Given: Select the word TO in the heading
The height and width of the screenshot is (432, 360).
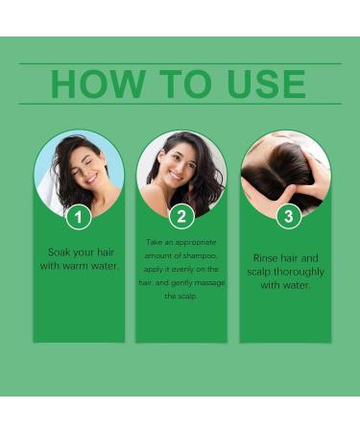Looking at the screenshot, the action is [185, 84].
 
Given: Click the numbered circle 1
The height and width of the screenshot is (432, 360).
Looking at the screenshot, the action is [79, 217].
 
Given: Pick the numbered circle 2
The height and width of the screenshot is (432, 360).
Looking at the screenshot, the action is [181, 217].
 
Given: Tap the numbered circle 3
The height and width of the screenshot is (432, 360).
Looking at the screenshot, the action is [289, 216].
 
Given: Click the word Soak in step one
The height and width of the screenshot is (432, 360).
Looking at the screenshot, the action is [59, 252].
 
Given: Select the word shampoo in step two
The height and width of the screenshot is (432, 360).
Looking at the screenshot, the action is [201, 256].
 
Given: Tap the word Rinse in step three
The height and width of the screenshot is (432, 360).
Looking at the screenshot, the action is [265, 258].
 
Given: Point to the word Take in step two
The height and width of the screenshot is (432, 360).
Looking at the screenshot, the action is [155, 242].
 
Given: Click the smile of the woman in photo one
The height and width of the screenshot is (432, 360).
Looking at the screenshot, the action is [91, 179].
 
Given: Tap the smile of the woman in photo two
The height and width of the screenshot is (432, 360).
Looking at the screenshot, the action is [175, 177].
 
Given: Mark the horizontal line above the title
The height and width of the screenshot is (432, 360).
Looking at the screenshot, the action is [180, 63].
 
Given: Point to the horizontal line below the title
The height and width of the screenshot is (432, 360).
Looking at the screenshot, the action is [180, 104].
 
